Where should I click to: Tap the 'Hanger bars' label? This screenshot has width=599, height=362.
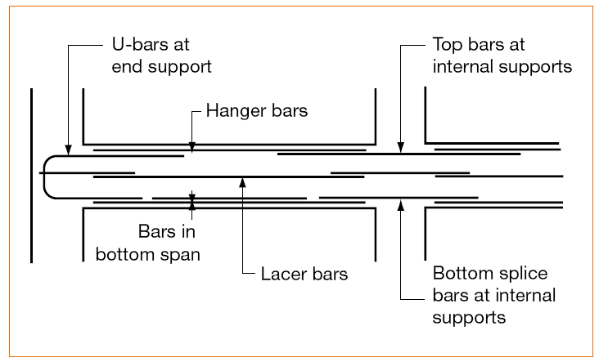point(256,110)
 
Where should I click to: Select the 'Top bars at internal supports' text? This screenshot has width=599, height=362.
point(502,55)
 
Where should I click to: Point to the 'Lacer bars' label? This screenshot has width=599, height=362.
point(304,274)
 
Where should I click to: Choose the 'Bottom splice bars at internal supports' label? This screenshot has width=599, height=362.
point(493,294)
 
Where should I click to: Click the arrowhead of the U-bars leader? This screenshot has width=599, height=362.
point(68,150)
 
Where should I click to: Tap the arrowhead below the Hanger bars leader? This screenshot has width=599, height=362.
point(192,147)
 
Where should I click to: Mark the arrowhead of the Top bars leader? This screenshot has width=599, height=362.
point(400,147)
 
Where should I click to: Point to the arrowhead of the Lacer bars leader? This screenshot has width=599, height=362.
point(242,181)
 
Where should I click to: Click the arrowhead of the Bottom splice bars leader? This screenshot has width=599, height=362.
point(400,204)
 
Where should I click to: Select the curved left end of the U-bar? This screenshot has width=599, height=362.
point(47,177)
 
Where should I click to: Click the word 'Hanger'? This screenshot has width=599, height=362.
point(231,110)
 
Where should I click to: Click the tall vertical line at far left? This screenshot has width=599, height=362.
point(31,175)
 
